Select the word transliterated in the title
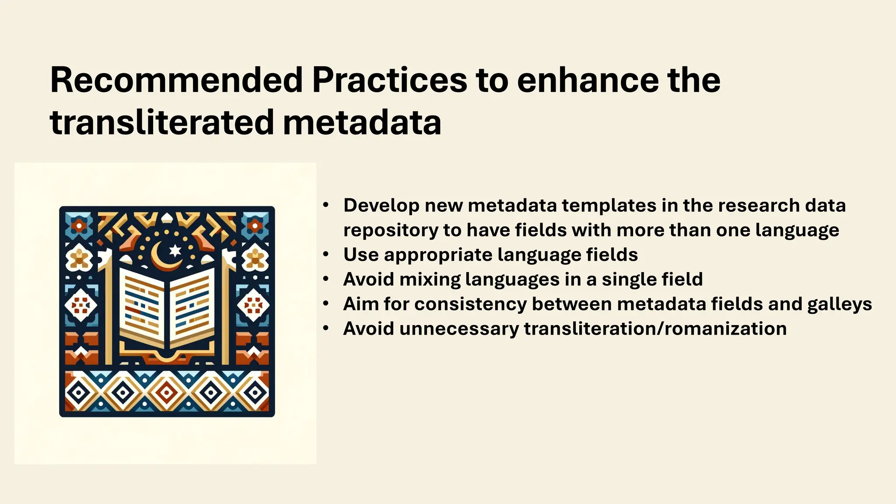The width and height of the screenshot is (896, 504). [x=162, y=122]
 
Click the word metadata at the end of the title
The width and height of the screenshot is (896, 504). [x=362, y=122]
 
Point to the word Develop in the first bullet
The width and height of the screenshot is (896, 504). [x=381, y=206]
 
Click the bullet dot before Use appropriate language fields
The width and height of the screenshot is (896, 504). [x=325, y=254]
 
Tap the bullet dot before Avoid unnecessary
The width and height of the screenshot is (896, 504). [x=325, y=328]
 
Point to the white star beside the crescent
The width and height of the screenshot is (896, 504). [x=175, y=250]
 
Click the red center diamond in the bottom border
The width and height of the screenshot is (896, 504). [x=167, y=392]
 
